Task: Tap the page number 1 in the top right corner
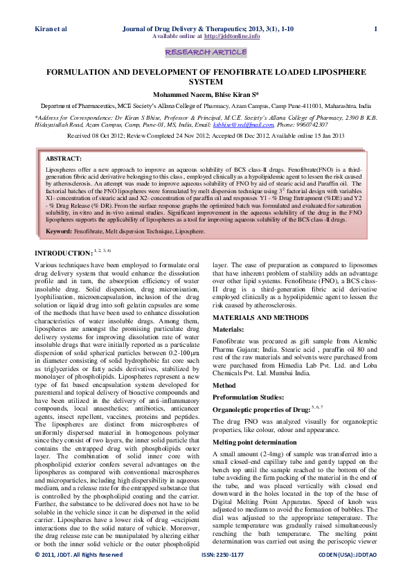click(x=375, y=28)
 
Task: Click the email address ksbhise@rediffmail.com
click(x=268, y=125)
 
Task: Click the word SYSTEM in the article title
click(x=205, y=82)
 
